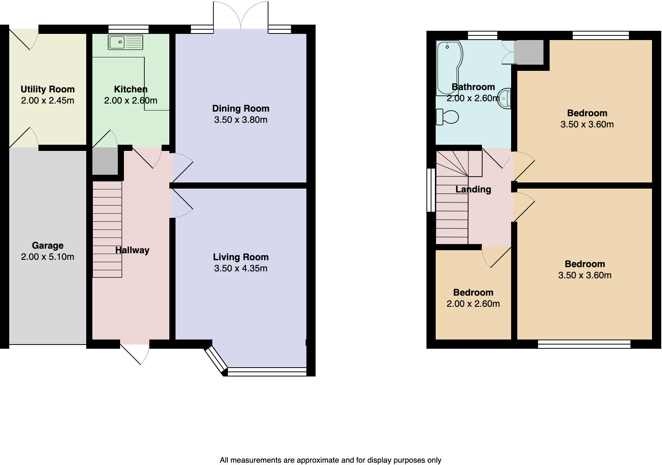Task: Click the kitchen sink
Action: coord(125,42)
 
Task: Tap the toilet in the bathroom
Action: coord(447,116)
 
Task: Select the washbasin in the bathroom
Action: coord(504,98)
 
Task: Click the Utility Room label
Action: coord(48,89)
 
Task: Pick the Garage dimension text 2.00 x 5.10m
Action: coord(48,257)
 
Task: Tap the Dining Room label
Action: coord(241,109)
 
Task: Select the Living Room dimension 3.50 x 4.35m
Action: coord(241,268)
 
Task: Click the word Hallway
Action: coord(132,250)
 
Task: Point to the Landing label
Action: coord(473,189)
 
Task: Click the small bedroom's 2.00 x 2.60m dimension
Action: coord(473,304)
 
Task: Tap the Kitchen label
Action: coord(131,89)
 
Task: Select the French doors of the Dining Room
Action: coord(241,15)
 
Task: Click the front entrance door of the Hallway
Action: coord(135,352)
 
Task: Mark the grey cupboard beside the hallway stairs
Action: coord(105,161)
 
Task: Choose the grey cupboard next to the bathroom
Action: coord(528,52)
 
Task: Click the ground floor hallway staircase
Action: coord(107,229)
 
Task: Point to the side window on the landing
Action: coord(431,190)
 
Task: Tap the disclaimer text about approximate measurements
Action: coord(331,460)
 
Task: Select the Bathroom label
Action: coord(473,87)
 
